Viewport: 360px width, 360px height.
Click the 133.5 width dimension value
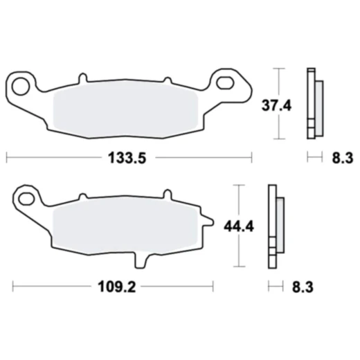[x=128, y=159]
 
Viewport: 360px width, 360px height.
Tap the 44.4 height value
[x=238, y=225]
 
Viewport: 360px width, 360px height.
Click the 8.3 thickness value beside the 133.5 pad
[x=342, y=159]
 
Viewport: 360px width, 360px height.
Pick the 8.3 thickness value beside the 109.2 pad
[x=302, y=285]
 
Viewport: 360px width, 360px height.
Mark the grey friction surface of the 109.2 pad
[x=125, y=225]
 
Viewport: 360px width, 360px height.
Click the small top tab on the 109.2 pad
[x=165, y=195]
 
